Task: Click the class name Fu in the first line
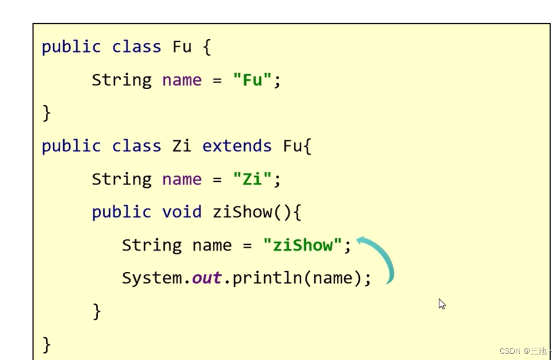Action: click(x=182, y=47)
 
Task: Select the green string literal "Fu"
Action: click(x=252, y=80)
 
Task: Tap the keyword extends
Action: click(x=237, y=146)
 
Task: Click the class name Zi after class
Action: click(x=182, y=146)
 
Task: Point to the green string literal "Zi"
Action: click(x=252, y=179)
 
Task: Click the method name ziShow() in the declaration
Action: click(x=251, y=212)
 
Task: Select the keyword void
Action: click(x=182, y=212)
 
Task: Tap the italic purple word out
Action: click(x=207, y=278)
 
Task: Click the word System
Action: click(x=152, y=278)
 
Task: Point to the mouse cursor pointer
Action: click(x=441, y=304)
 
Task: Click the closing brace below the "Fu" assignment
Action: click(x=47, y=114)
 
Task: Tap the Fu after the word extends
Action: click(x=292, y=146)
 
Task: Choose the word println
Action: click(x=267, y=278)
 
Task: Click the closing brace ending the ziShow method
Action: click(x=97, y=311)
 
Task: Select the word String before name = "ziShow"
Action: click(x=152, y=245)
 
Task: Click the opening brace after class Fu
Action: click(x=207, y=47)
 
